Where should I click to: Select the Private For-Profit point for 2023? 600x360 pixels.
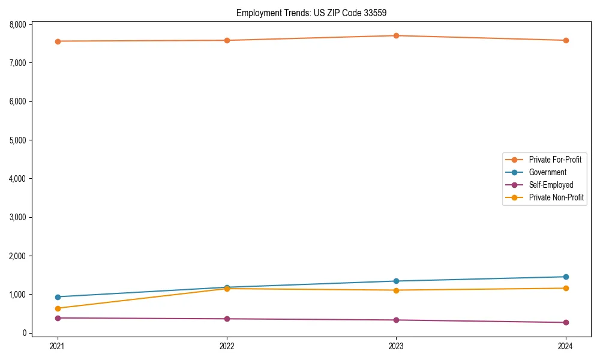pos(396,35)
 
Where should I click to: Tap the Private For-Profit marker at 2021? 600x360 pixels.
pos(58,41)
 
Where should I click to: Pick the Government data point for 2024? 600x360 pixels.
pos(565,277)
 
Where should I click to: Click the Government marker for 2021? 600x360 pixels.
pos(58,297)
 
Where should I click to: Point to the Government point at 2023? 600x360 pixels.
pos(396,281)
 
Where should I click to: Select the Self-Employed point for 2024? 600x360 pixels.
pos(565,322)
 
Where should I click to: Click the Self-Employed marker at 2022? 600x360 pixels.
pos(227,319)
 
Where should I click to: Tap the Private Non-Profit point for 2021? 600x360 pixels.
pos(58,308)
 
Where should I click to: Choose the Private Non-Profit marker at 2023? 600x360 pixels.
pos(396,290)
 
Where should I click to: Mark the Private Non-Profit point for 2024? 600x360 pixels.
pos(565,289)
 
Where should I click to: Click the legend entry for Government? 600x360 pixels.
pos(547,172)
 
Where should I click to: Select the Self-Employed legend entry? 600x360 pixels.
pos(551,185)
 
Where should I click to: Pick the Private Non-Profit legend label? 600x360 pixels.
pos(556,197)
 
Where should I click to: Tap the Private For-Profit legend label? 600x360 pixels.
pos(554,160)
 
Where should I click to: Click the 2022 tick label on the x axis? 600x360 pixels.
pos(227,346)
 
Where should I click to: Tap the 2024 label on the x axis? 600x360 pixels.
pos(565,346)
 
